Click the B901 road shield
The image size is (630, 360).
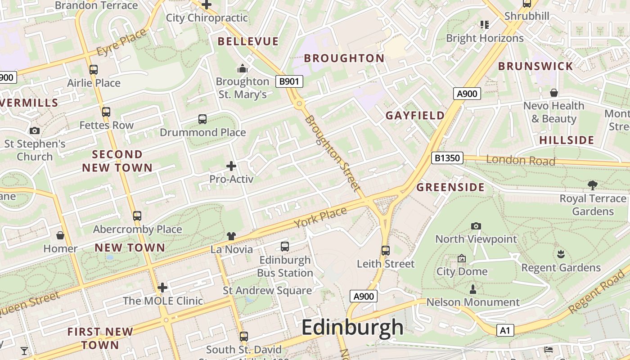click(289, 81)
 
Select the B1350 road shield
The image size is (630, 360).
click(447, 158)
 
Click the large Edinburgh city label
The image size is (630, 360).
click(352, 327)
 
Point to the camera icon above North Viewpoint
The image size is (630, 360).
click(476, 226)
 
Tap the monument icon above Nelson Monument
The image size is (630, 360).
click(472, 289)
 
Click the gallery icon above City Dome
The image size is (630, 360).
click(461, 258)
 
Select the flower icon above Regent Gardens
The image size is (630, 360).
click(560, 254)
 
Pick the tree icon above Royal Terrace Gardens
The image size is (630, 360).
click(592, 185)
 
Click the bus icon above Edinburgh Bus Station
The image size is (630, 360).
click(284, 247)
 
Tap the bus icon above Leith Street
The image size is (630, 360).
click(385, 251)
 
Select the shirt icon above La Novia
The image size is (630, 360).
click(231, 236)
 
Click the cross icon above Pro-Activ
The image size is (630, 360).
click(231, 166)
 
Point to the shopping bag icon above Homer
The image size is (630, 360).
click(60, 235)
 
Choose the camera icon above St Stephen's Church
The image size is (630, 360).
click(35, 131)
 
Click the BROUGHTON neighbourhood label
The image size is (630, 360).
click(344, 58)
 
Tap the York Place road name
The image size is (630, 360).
click(320, 217)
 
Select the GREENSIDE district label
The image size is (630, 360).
click(450, 187)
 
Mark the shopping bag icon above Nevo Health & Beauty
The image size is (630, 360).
click(553, 93)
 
